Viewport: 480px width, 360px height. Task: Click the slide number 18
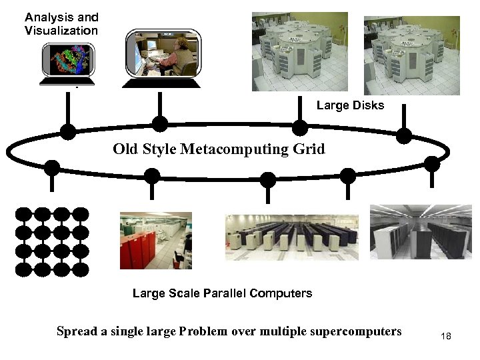coord(446,336)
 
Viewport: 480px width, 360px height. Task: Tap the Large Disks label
coord(350,105)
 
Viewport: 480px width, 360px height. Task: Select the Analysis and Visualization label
coord(61,24)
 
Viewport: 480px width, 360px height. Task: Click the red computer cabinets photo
coord(155,241)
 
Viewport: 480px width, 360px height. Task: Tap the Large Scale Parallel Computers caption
coord(222,293)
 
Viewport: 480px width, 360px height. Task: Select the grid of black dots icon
coord(52,241)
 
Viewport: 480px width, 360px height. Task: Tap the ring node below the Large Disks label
coord(301,127)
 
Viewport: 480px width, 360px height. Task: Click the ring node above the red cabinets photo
coord(152,175)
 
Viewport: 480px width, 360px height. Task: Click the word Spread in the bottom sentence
coord(77,331)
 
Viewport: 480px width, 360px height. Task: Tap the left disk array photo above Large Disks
coord(299,52)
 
